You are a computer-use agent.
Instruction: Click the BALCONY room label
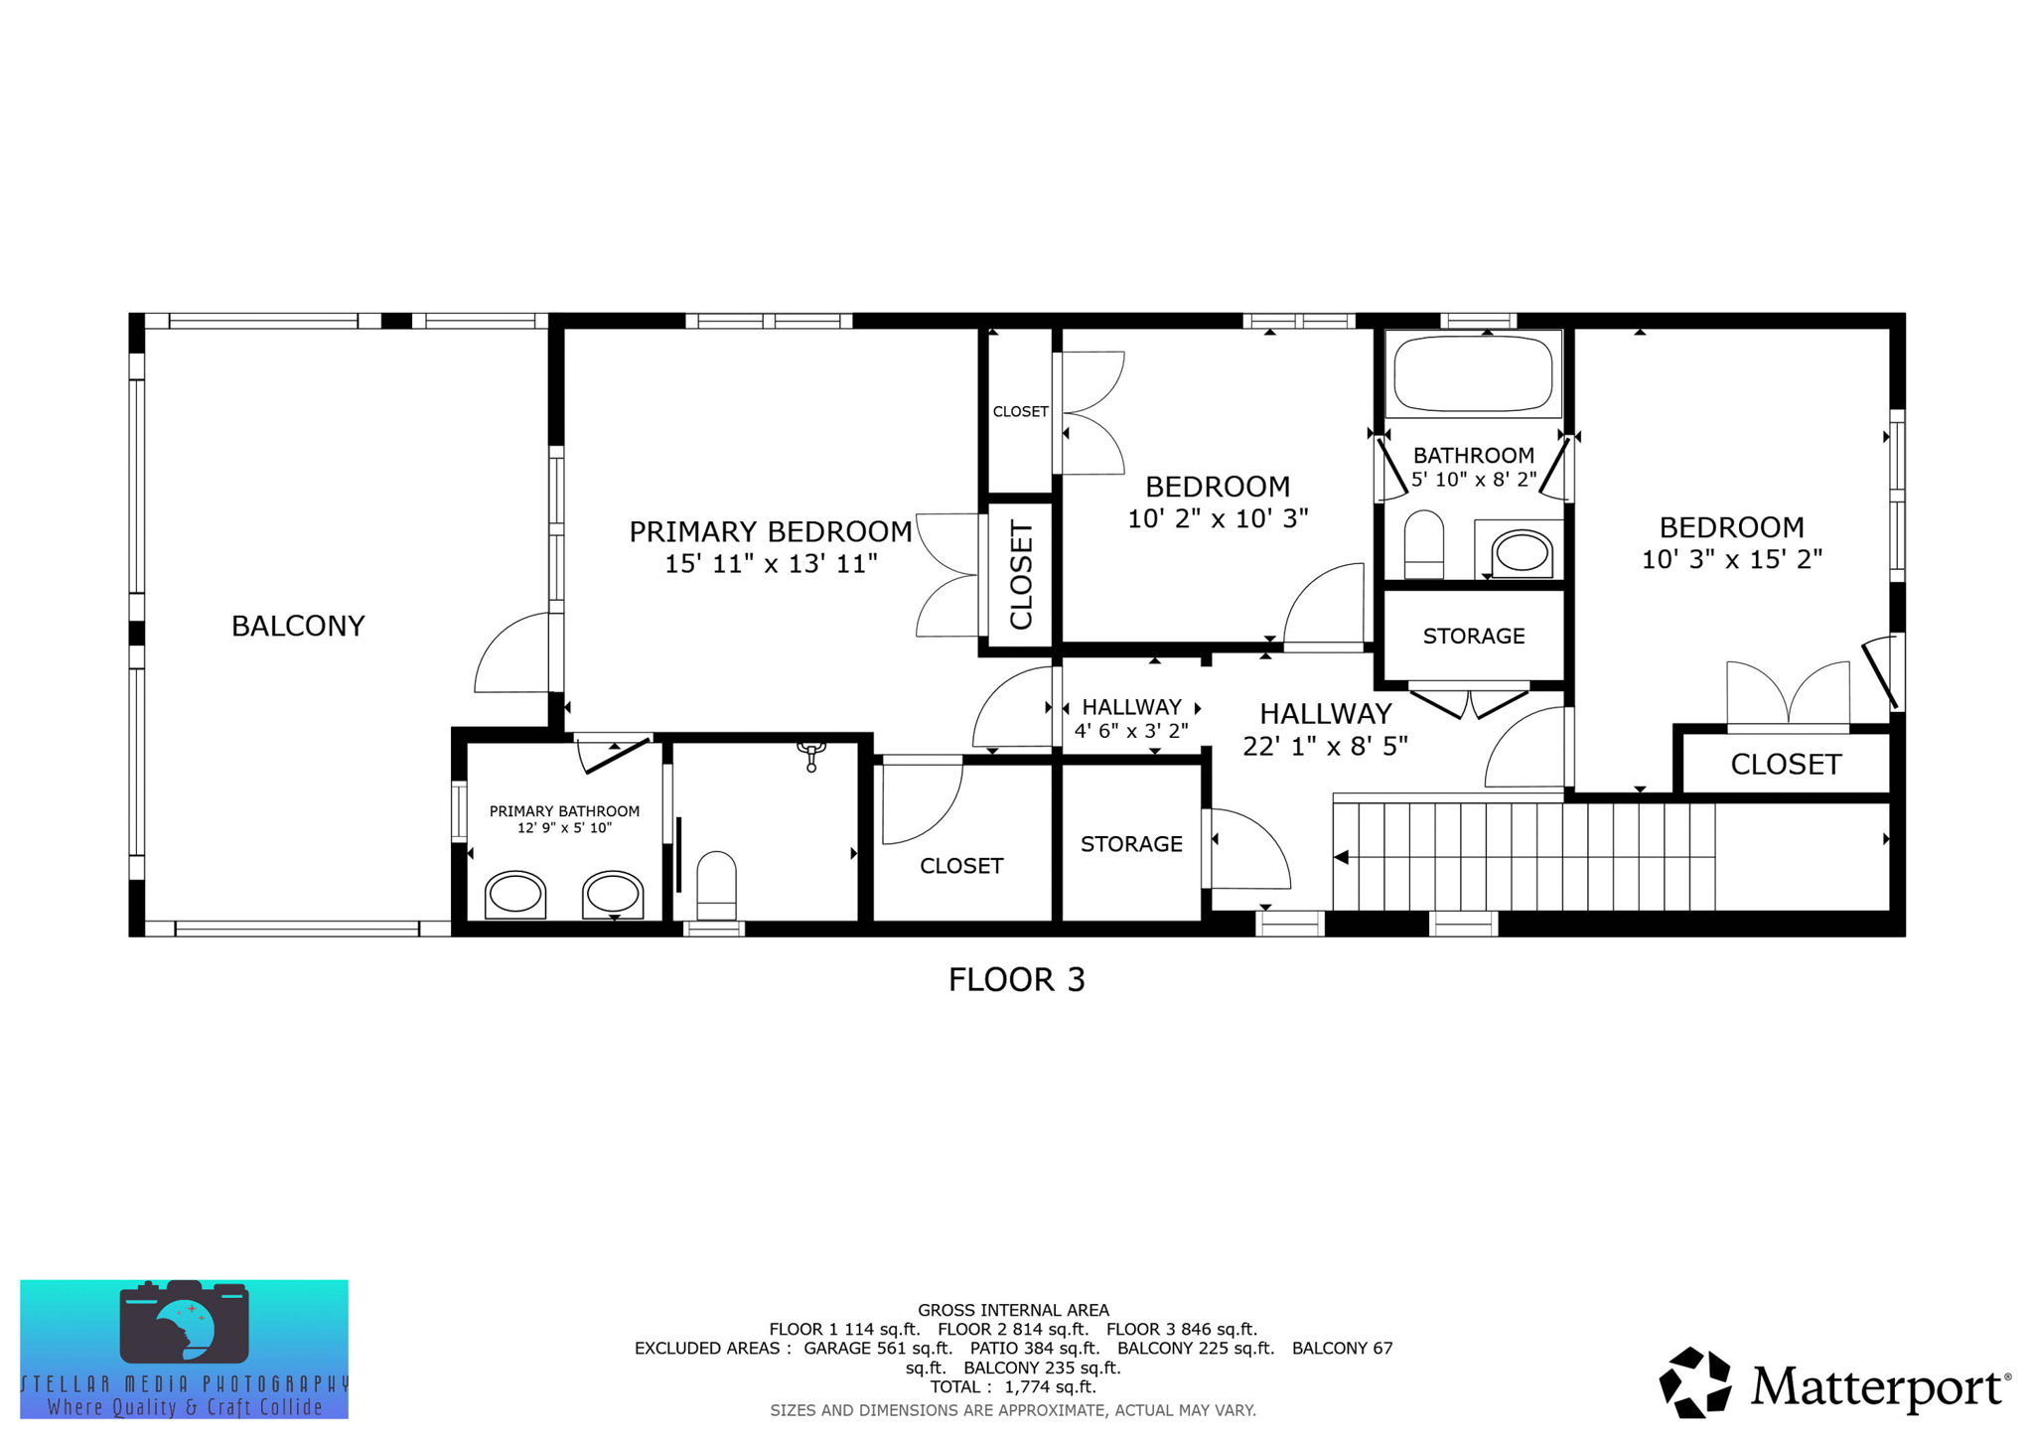click(298, 626)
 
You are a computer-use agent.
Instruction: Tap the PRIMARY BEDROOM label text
click(770, 532)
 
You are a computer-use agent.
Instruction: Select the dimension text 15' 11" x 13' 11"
click(770, 564)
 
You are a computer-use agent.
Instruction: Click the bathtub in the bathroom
click(1473, 373)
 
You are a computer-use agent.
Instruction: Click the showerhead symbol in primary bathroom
click(811, 755)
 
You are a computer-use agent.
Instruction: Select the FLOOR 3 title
click(1016, 980)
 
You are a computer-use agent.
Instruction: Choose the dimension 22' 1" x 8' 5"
click(1325, 746)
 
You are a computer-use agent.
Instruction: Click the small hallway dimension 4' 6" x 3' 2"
click(1131, 731)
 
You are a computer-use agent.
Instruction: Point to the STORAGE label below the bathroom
click(1473, 636)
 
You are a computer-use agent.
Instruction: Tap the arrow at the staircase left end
click(1341, 857)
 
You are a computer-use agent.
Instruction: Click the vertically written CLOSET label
click(1022, 575)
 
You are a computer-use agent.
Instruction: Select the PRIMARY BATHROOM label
click(564, 811)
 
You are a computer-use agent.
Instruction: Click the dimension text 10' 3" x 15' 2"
click(1731, 559)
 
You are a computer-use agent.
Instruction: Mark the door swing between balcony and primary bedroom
click(511, 655)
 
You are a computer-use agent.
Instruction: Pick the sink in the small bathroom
click(1522, 553)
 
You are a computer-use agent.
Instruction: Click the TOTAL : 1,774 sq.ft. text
click(1013, 1387)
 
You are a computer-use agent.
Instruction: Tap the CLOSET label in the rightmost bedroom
click(1786, 764)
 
